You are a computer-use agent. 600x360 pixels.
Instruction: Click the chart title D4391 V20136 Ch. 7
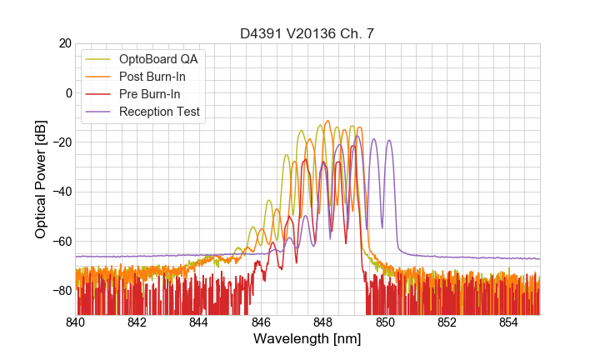[307, 34]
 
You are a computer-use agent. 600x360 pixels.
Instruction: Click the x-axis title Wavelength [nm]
[307, 339]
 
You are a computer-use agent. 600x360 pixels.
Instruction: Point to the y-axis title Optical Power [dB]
[41, 179]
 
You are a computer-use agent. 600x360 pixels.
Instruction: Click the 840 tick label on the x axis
[76, 322]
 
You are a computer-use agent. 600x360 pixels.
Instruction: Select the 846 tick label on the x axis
[261, 322]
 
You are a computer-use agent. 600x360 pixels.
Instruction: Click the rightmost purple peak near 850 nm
[388, 141]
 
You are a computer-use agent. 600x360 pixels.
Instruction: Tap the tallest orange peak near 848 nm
[327, 122]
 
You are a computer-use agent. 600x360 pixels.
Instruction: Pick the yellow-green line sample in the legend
[99, 59]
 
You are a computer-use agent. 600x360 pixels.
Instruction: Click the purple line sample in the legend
[99, 111]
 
